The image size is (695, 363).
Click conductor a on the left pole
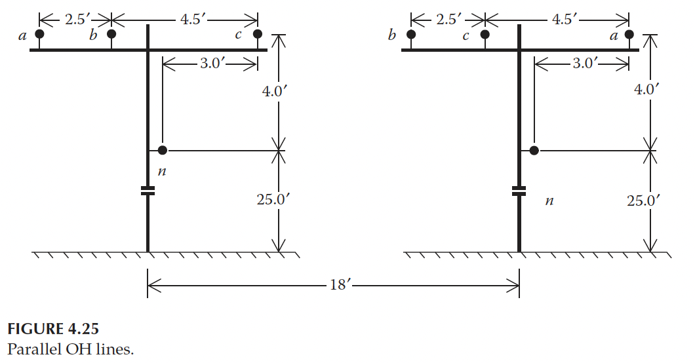pos(39,34)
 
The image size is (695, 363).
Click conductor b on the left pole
pos(111,34)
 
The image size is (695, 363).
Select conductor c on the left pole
pos(258,34)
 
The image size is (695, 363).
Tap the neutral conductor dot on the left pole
pos(163,151)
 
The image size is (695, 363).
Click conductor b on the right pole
pos(411,34)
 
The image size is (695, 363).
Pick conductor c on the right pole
pos(485,34)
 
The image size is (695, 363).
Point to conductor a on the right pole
pos(629,34)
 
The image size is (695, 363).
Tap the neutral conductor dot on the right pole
pos(534,151)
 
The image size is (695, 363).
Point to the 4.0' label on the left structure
pos(273,91)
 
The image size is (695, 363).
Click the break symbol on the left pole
pos(148,191)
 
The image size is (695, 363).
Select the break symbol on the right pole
pos(519,191)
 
